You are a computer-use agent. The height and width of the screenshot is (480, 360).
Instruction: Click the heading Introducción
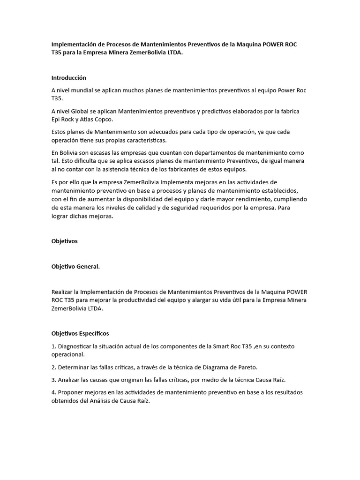coord(68,78)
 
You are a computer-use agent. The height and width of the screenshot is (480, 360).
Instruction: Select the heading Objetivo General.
coord(75,267)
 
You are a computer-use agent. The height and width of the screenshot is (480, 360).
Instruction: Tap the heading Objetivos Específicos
coord(80,333)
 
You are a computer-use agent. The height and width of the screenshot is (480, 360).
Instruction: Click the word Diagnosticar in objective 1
coord(76,346)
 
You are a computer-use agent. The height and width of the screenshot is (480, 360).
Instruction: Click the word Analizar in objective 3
coord(69,379)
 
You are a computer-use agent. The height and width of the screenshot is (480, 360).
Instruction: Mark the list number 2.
coord(53,367)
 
